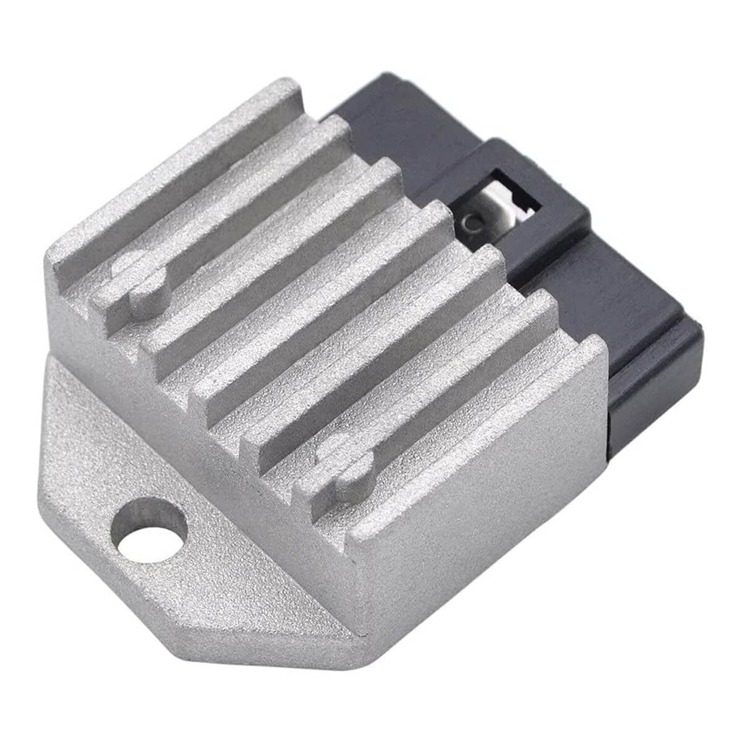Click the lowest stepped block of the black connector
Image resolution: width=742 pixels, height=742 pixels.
click(655, 396)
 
